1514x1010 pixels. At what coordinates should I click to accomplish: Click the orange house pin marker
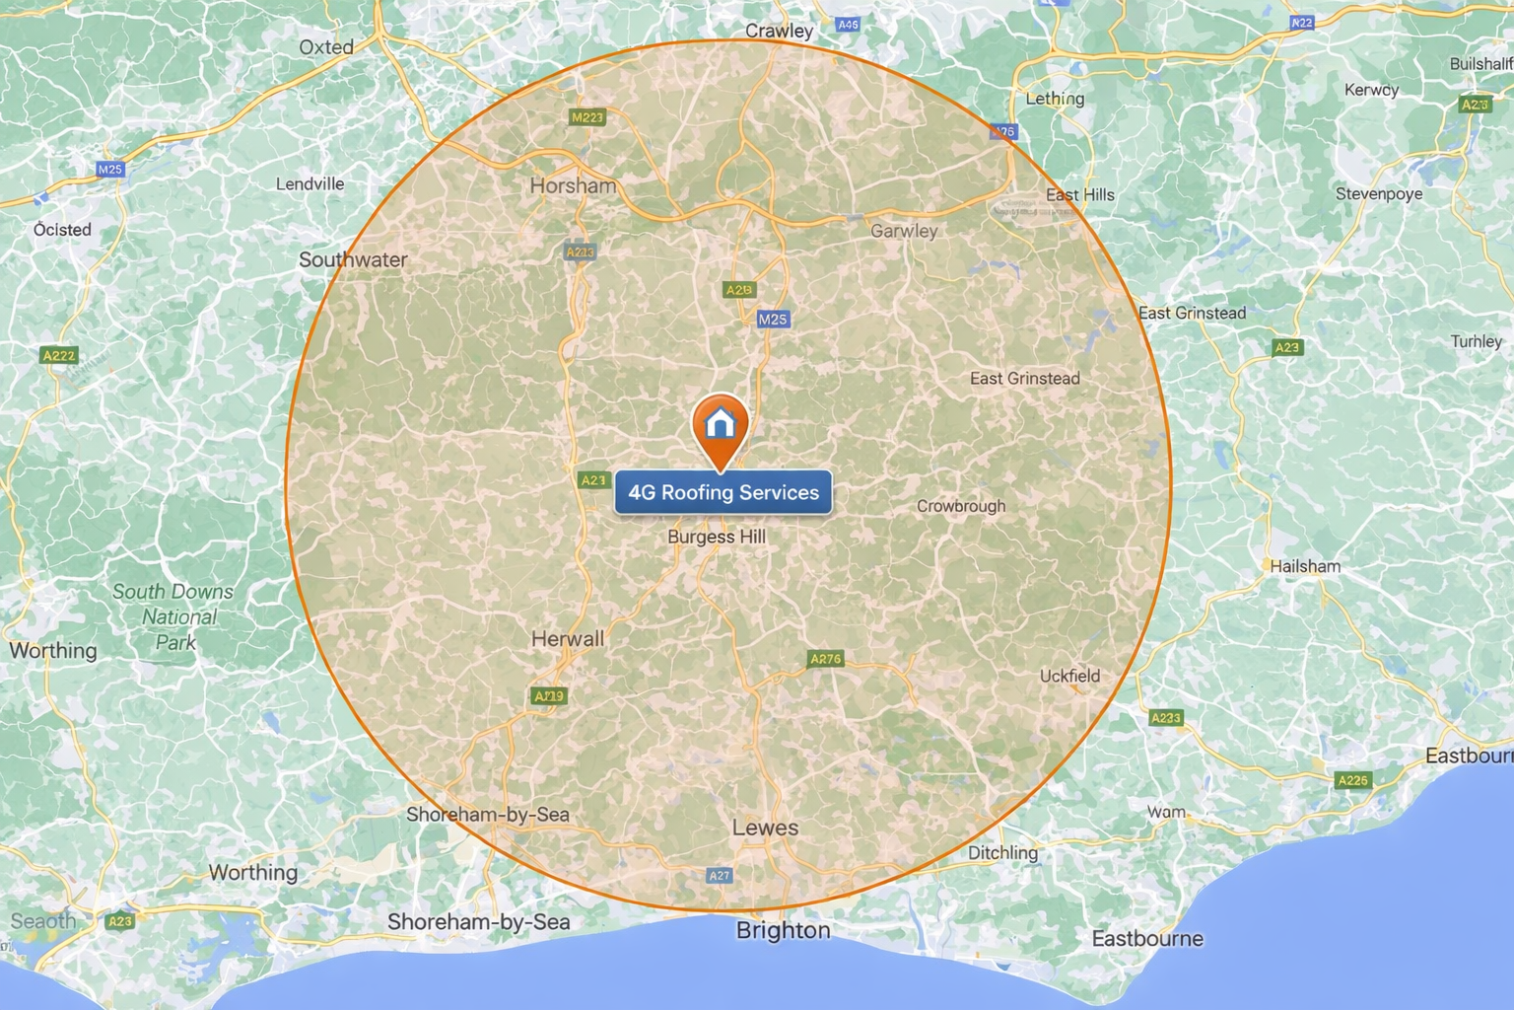click(x=721, y=426)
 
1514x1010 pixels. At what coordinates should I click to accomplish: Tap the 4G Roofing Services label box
click(x=723, y=492)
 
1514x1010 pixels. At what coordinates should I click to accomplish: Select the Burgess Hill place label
click(x=717, y=537)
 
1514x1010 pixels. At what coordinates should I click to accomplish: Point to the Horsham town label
click(x=573, y=185)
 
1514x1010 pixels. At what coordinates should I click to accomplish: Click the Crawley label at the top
click(x=779, y=31)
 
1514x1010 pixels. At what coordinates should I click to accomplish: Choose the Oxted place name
click(x=326, y=46)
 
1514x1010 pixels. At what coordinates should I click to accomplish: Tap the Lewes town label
click(x=765, y=828)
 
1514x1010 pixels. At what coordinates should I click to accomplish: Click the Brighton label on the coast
click(x=784, y=930)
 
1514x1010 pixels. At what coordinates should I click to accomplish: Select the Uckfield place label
click(x=1069, y=676)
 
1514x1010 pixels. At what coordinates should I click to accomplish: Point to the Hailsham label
click(x=1305, y=566)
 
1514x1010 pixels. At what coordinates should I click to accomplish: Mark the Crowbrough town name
click(x=961, y=506)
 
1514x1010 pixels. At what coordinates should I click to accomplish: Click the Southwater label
click(x=353, y=259)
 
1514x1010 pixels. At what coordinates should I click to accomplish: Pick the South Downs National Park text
click(x=173, y=616)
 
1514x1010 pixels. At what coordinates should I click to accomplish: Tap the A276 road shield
click(x=825, y=659)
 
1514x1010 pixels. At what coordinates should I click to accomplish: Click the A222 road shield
click(x=59, y=355)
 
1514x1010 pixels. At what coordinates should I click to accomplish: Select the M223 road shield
click(x=587, y=117)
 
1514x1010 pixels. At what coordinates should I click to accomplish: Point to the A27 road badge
click(x=720, y=875)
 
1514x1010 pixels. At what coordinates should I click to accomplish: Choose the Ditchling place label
click(x=1002, y=852)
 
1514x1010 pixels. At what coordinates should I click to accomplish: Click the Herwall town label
click(x=568, y=639)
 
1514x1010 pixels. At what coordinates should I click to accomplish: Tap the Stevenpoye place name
click(x=1379, y=193)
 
